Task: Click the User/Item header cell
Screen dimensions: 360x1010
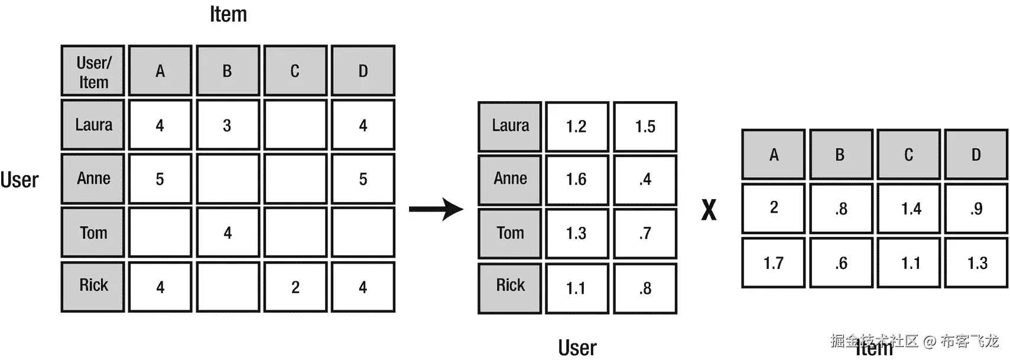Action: click(x=93, y=71)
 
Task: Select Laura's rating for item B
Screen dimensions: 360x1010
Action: click(x=228, y=125)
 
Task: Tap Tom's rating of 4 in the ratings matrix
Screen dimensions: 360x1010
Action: click(x=228, y=232)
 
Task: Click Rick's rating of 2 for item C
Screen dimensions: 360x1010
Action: click(x=295, y=287)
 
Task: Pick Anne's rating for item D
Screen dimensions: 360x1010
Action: click(x=363, y=179)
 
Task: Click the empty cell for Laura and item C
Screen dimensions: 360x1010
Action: click(x=295, y=125)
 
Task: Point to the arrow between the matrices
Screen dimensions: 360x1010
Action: click(x=436, y=209)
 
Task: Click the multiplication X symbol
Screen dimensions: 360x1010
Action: click(x=709, y=210)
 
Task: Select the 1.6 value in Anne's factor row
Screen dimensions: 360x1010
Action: click(x=576, y=180)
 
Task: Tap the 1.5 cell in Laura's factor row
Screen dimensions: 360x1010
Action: click(x=645, y=127)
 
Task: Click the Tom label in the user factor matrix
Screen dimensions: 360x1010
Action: click(x=509, y=233)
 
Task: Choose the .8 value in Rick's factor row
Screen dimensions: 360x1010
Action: click(x=645, y=288)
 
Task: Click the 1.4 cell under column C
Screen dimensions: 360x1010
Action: click(x=910, y=209)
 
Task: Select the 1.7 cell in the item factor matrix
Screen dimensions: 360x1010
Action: click(x=773, y=263)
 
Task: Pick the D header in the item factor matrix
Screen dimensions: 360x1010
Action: click(x=976, y=155)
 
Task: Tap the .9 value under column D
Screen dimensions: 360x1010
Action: click(x=976, y=209)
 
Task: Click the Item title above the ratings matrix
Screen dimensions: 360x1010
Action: click(x=228, y=14)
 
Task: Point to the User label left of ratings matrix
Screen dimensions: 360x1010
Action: click(x=20, y=180)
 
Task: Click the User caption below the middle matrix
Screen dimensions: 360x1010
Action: click(x=577, y=348)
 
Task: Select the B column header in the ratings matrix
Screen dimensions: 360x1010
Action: click(x=228, y=71)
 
